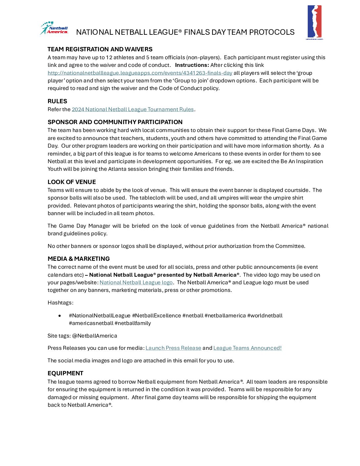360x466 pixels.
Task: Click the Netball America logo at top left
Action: pyautogui.click(x=54, y=28)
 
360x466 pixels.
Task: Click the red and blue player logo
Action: pyautogui.click(x=314, y=22)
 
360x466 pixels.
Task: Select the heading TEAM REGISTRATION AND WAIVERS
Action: pyautogui.click(x=100, y=49)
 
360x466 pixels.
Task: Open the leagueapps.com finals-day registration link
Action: pyautogui.click(x=140, y=73)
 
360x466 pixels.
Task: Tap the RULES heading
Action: pyautogui.click(x=57, y=101)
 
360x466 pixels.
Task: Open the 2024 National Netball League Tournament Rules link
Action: pyautogui.click(x=133, y=109)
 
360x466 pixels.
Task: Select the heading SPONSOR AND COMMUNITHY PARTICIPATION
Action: pyautogui.click(x=115, y=122)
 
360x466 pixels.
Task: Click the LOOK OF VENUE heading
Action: pyautogui.click(x=71, y=182)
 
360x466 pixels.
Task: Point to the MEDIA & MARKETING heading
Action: pyautogui.click(x=78, y=259)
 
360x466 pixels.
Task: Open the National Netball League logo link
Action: pyautogui.click(x=136, y=282)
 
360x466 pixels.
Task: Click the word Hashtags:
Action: pyautogui.click(x=61, y=303)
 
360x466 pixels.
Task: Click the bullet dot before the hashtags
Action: pyautogui.click(x=60, y=316)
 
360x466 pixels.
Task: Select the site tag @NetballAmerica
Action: pyautogui.click(x=95, y=336)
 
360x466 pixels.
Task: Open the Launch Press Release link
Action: pyautogui.click(x=173, y=348)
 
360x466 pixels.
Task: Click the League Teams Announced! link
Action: pyautogui.click(x=247, y=348)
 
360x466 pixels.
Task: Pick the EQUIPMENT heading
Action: pyautogui.click(x=65, y=373)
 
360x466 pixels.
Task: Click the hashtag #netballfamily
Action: pyautogui.click(x=133, y=323)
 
